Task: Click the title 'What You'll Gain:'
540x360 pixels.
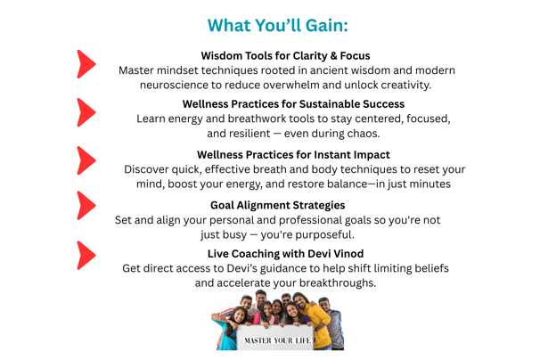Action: coord(278,26)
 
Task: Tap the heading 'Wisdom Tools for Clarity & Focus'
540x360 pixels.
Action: coord(285,56)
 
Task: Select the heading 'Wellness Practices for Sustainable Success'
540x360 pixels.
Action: coord(293,104)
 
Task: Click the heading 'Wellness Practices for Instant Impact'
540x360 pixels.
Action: coord(293,155)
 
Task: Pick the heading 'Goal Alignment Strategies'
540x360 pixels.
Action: coord(278,205)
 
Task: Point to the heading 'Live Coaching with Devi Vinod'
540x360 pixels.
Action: coord(285,254)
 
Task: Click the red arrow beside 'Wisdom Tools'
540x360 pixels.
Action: coord(86,64)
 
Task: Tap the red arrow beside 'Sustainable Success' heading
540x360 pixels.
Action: coord(86,112)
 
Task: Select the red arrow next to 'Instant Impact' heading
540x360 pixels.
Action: coord(86,160)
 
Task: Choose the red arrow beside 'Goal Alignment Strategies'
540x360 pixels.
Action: coord(86,206)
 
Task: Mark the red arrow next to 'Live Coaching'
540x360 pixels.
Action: coord(86,255)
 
